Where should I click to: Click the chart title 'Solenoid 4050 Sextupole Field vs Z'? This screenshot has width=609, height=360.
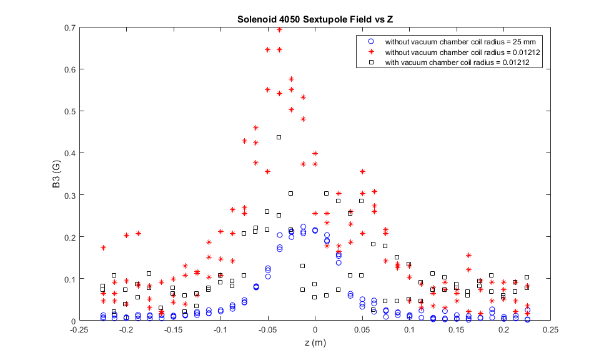coord(315,19)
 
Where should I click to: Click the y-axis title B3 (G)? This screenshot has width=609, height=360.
coord(56,174)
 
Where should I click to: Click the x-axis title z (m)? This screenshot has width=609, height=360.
coord(315,342)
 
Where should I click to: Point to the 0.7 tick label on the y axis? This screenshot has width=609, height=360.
coord(71,27)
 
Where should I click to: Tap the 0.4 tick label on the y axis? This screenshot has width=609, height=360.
coord(71,153)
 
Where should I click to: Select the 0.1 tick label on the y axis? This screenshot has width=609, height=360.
coord(71,279)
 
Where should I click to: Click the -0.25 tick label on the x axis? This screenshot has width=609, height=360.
coord(79,329)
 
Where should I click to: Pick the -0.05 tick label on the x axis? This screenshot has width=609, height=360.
coord(267,329)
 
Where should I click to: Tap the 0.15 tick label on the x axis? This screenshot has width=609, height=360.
coord(457,329)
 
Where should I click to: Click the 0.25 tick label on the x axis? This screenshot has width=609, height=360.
coord(551,329)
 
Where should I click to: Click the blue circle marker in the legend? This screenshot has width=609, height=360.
coord(371,41)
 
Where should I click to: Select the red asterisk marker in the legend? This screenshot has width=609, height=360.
coord(371,52)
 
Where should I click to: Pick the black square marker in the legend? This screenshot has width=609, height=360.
coord(371,62)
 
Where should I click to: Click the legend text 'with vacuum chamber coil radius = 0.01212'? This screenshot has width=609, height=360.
coord(457,62)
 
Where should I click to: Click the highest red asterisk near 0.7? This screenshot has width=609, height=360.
coord(279,29)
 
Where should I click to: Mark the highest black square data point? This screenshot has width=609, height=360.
coord(279,137)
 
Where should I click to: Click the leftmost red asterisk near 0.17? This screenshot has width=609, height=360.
coord(103,247)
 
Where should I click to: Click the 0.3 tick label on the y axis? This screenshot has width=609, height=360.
coord(71,195)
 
